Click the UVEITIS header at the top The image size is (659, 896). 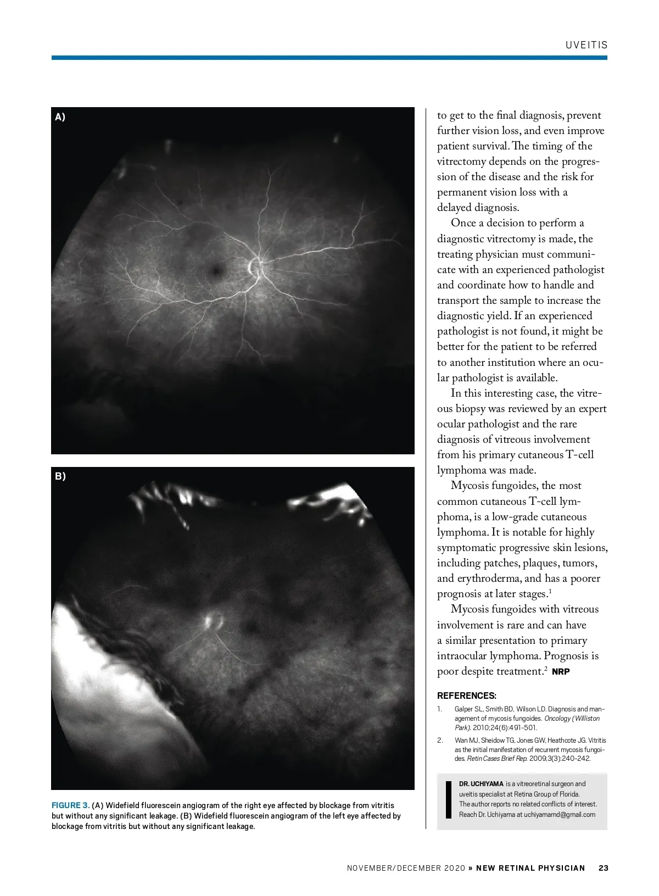click(587, 45)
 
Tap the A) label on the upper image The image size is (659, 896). click(60, 116)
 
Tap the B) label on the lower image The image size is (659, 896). click(60, 476)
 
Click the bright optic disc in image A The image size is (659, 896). click(255, 266)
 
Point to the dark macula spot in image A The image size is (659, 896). click(216, 269)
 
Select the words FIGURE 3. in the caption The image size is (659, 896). click(70, 805)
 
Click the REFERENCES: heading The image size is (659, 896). click(466, 695)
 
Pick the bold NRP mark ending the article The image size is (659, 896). click(561, 672)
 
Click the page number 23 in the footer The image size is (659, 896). click(604, 868)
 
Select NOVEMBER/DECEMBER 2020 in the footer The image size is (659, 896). click(406, 868)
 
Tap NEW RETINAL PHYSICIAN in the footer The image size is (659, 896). click(530, 868)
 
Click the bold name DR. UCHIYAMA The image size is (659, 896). click(481, 784)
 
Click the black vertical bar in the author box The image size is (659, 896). click(449, 799)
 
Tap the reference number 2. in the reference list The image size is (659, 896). click(440, 741)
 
